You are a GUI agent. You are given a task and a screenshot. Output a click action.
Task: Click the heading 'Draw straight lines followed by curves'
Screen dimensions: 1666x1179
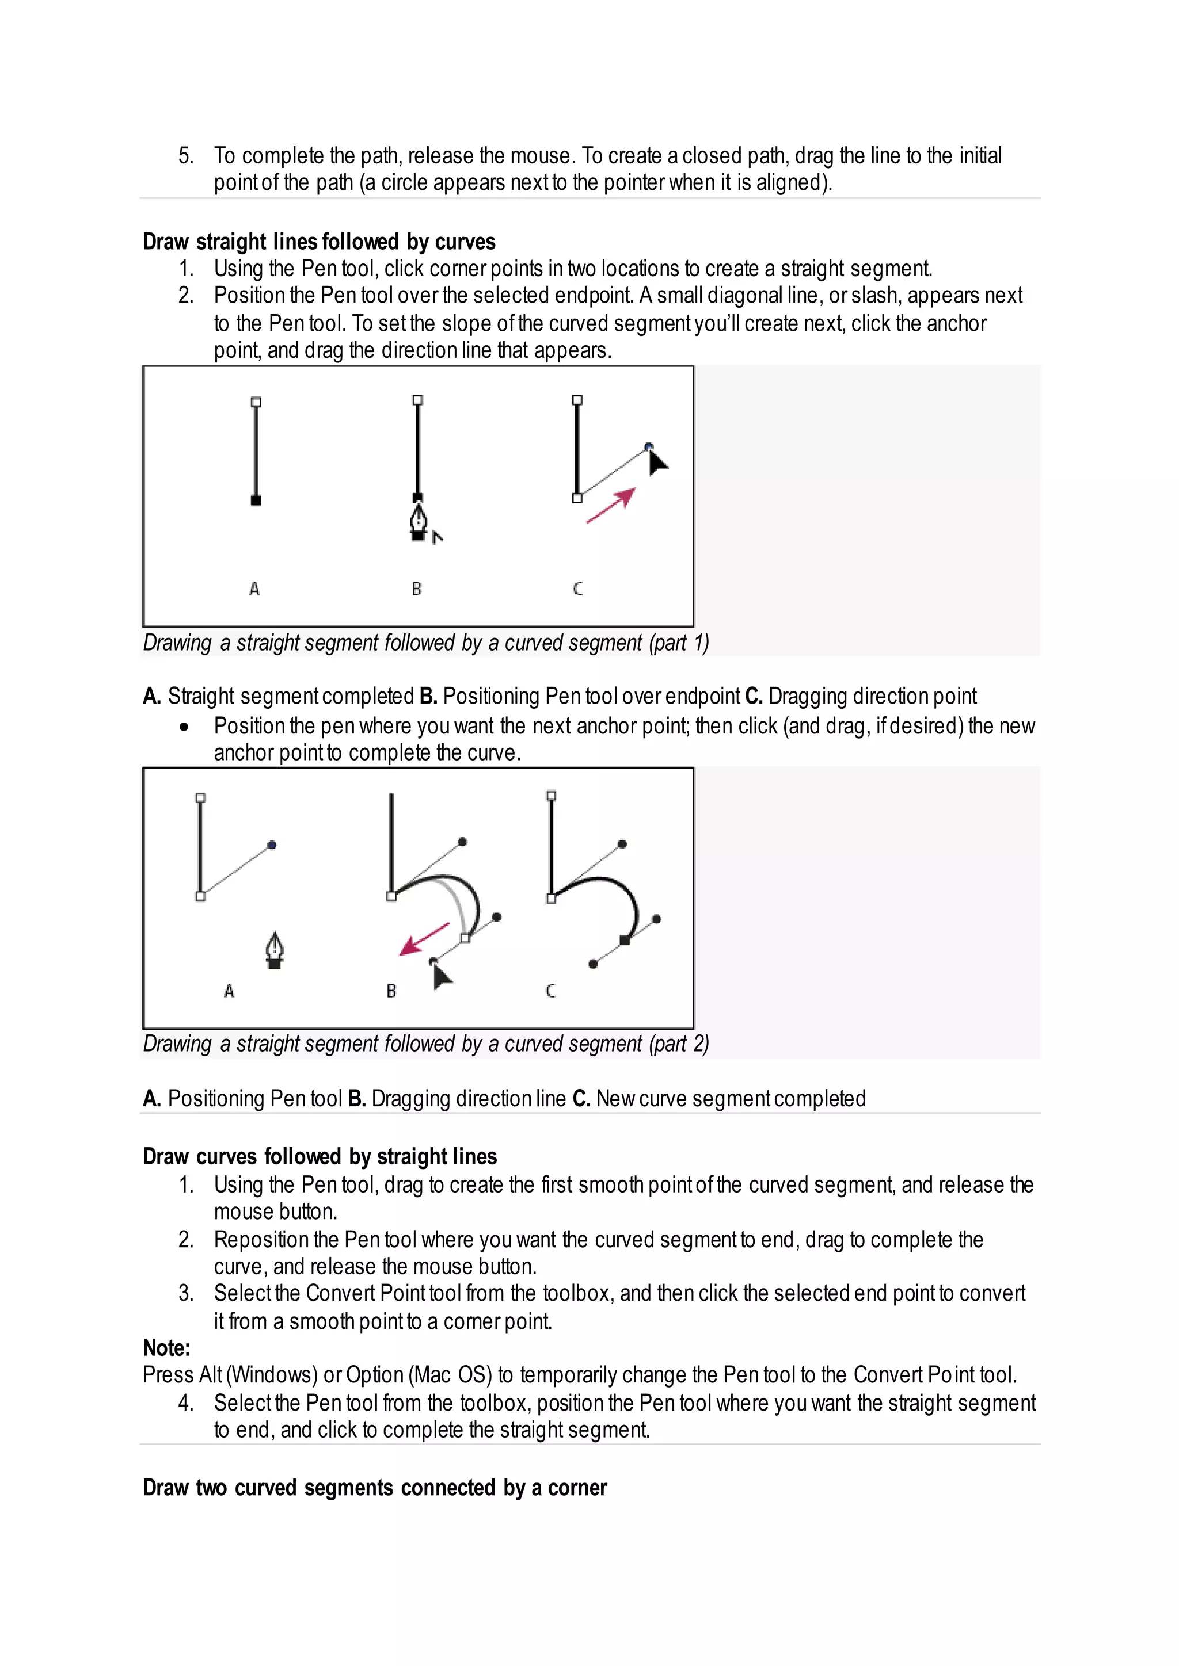click(319, 242)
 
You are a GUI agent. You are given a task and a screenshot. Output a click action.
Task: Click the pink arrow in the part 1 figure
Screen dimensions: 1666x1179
click(611, 505)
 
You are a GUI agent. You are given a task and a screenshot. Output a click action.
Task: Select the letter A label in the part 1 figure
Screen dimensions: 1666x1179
click(254, 589)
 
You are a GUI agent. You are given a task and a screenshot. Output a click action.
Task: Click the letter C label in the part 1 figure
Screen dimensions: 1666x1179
click(578, 589)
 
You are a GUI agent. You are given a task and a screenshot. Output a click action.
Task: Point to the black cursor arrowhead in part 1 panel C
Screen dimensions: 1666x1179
click(656, 462)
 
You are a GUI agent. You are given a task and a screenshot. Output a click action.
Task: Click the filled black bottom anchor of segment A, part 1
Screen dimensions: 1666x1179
click(256, 500)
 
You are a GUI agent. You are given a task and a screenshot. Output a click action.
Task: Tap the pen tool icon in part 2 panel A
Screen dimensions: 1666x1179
click(275, 950)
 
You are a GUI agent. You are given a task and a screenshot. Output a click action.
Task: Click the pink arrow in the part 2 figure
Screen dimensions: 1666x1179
click(425, 939)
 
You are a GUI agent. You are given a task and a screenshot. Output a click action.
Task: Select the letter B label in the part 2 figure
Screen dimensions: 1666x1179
click(391, 991)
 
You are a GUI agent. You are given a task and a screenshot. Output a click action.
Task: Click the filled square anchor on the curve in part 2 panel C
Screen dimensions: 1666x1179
click(625, 941)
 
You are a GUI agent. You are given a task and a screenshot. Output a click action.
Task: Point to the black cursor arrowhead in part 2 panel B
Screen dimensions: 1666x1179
click(440, 977)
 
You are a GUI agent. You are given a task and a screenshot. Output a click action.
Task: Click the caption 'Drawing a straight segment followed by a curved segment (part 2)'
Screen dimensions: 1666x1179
click(425, 1044)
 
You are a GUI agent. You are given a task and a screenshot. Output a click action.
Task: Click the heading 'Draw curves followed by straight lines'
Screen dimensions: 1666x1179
click(320, 1156)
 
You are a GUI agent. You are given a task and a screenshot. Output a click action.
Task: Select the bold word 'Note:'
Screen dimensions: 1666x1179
click(166, 1347)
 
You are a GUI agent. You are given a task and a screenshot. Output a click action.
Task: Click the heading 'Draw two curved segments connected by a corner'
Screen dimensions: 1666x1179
click(375, 1488)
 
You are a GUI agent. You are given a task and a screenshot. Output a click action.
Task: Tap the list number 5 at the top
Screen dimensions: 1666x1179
click(185, 155)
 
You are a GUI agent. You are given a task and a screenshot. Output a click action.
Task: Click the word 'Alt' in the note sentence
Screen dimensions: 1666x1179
click(211, 1375)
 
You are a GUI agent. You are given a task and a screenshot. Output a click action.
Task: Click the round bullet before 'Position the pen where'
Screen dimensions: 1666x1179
click(185, 727)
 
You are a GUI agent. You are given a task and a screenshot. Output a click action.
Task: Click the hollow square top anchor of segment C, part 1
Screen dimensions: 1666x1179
click(577, 400)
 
